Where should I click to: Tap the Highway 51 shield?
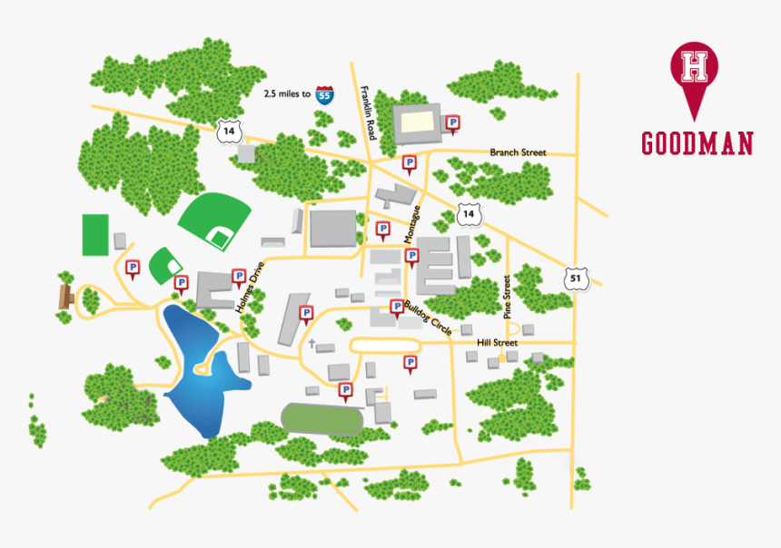pos(576,279)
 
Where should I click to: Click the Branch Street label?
pos(518,152)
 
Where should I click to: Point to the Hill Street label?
pos(497,343)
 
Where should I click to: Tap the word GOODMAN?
pos(697,143)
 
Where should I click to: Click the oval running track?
pos(322,418)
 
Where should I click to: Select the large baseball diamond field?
pos(215,220)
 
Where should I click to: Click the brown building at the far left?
pos(65,296)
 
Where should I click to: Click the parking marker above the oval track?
pos(345,390)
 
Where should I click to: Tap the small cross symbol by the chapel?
pos(311,345)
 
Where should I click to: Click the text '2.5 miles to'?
pos(287,93)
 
